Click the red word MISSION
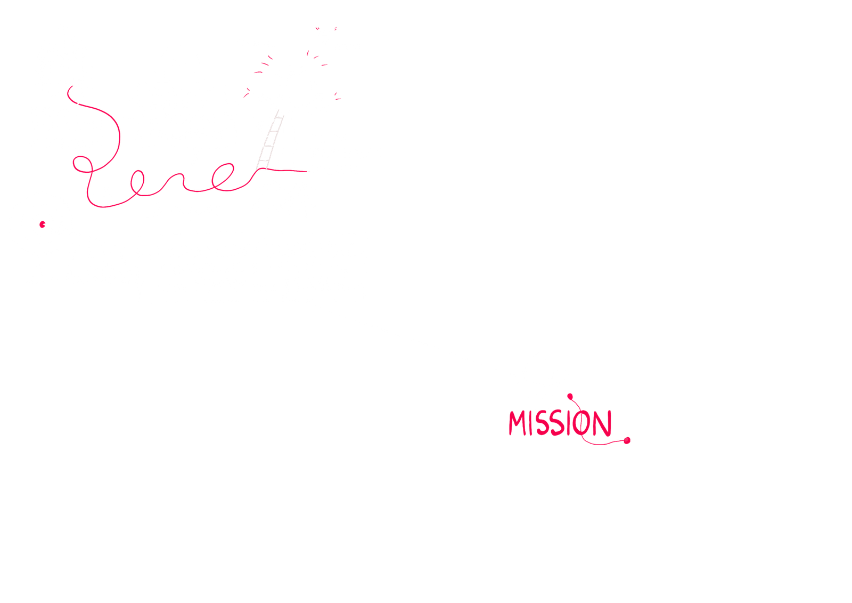click(559, 424)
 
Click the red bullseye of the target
click(42, 224)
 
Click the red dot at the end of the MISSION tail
click(627, 440)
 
